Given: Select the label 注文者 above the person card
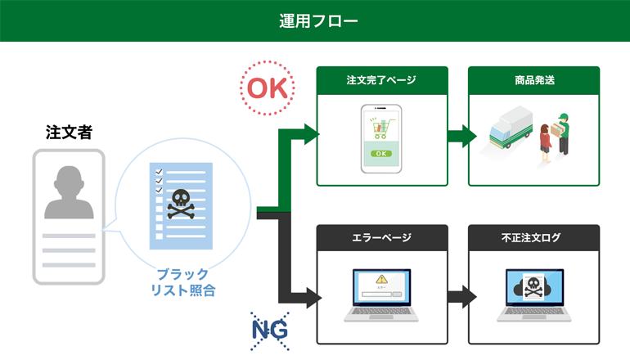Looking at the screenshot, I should click(x=69, y=131).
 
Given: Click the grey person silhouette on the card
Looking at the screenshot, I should click(x=69, y=191).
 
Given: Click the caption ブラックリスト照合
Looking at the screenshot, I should click(x=182, y=281).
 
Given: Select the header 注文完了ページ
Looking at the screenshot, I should click(x=381, y=80).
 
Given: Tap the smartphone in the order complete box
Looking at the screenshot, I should click(x=381, y=137).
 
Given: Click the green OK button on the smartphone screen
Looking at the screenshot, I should click(x=381, y=153).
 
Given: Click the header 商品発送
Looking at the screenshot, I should click(x=533, y=80).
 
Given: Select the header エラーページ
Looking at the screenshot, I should click(x=381, y=238).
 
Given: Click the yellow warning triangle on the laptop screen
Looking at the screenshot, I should click(x=380, y=279).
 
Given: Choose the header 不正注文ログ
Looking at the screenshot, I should click(x=533, y=238).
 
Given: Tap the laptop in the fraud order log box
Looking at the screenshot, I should click(x=533, y=295).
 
